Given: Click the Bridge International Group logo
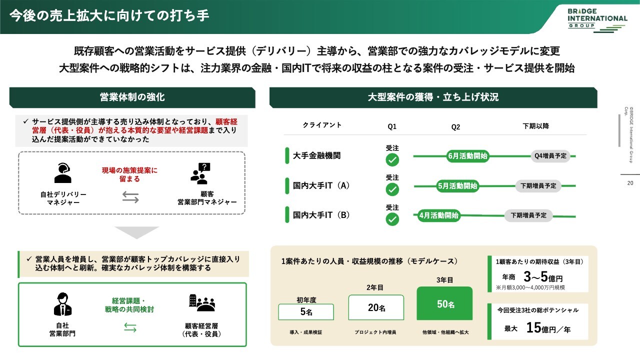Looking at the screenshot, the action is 597,20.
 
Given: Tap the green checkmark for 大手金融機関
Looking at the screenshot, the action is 392,159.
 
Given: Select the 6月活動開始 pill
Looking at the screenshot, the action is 467,156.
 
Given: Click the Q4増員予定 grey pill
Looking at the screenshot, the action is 550,156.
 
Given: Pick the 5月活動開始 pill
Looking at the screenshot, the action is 457,186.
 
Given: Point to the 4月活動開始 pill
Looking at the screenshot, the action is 438,215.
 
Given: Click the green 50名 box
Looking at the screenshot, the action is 444,303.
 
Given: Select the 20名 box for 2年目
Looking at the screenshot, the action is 376,307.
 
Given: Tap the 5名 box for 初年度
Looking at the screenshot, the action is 306,311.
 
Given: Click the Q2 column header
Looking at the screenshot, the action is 455,127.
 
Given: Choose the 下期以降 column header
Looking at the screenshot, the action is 535,126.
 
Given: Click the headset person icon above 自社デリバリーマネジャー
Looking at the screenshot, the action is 63,173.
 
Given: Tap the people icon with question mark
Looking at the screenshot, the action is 200,173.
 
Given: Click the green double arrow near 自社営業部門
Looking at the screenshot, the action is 130,327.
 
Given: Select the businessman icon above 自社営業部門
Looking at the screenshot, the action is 62,304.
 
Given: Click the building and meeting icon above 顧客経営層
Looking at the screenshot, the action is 202,303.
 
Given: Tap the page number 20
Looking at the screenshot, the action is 630,183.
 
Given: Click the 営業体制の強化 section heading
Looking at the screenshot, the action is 132,97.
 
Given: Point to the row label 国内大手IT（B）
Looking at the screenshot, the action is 321,215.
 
